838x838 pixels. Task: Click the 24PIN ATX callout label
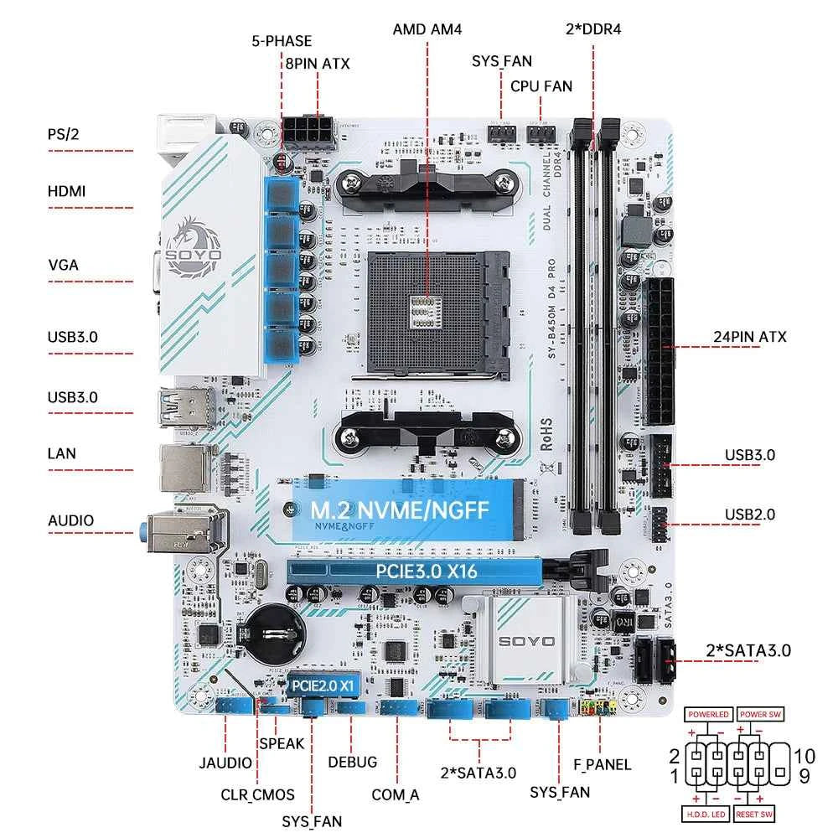pos(750,338)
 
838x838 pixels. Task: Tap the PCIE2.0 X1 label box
pos(324,684)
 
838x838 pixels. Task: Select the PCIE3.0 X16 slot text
pos(414,572)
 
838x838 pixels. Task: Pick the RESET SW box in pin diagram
pos(753,814)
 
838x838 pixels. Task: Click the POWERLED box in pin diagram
pos(709,715)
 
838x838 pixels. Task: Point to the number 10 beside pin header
pos(804,756)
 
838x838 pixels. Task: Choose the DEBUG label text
pos(352,762)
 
